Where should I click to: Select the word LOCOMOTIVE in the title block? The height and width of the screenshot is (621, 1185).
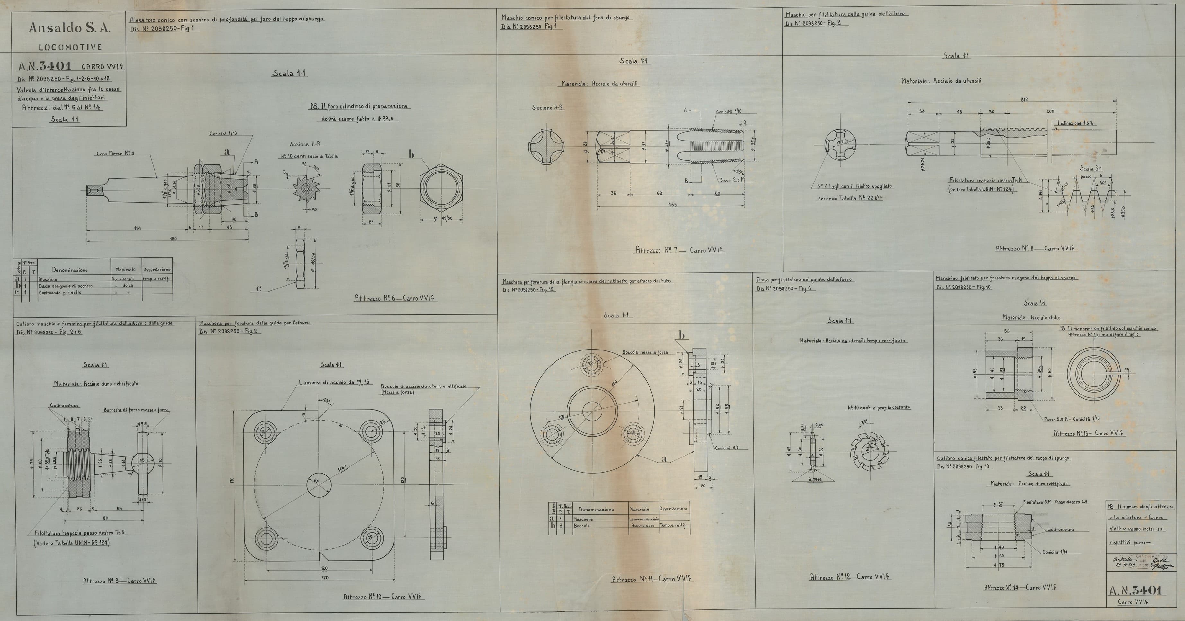coord(70,47)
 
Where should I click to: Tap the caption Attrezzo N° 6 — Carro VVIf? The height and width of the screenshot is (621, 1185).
coord(396,298)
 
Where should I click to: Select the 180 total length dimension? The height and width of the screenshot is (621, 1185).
coord(172,239)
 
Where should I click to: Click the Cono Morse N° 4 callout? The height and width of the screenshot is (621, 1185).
coord(115,153)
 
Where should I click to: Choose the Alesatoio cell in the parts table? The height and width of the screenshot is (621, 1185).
coord(48,279)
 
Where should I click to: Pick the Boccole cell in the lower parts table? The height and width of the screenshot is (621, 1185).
coord(581,525)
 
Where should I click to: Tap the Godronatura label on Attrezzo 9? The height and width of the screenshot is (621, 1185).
coord(64,406)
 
